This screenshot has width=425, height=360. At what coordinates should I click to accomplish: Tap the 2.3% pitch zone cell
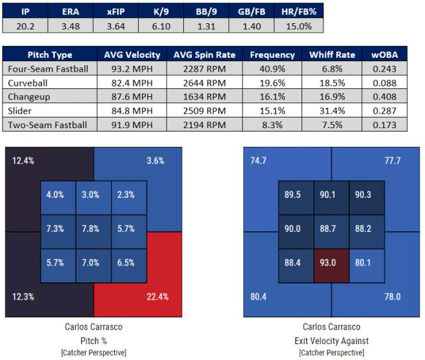[x=127, y=195]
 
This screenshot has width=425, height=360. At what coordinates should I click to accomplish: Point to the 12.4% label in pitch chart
[x=23, y=160]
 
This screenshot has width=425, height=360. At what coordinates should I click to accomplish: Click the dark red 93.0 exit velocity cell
[x=331, y=262]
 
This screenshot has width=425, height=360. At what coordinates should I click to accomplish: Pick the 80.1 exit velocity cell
[x=366, y=262]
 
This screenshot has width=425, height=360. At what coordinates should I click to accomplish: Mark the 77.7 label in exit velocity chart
[x=392, y=161]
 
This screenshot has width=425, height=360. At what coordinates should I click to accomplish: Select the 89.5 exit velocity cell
[x=296, y=195]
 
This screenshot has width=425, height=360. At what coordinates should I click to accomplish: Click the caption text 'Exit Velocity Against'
[x=331, y=341]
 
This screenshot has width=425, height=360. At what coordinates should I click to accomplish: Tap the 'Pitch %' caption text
[x=93, y=341]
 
